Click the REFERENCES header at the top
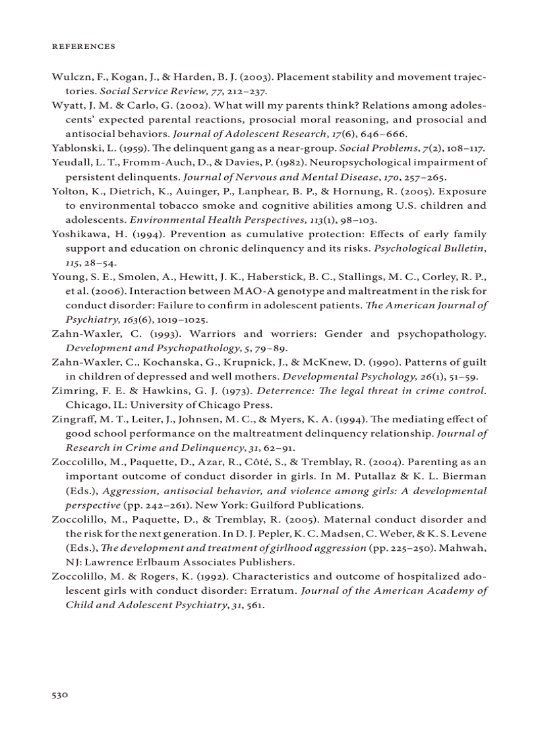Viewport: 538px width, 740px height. click(83, 47)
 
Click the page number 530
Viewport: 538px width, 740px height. click(60, 695)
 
